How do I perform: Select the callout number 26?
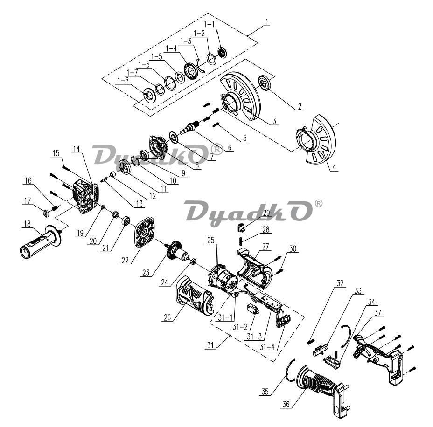(168, 317)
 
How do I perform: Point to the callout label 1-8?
(123, 81)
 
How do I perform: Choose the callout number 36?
(286, 404)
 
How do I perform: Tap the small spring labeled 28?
(240, 241)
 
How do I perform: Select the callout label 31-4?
(267, 347)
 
